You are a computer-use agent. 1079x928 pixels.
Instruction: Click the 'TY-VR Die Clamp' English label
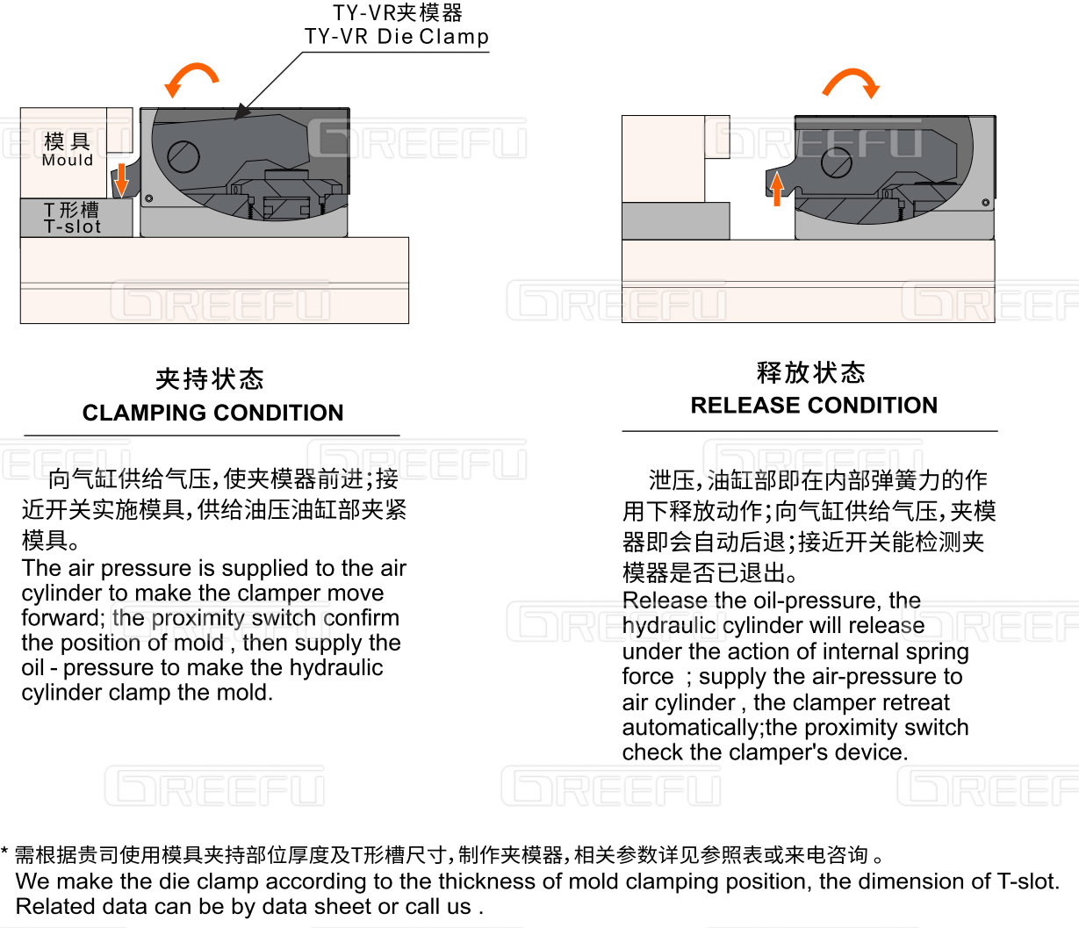click(397, 37)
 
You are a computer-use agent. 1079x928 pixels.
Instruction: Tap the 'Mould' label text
click(68, 160)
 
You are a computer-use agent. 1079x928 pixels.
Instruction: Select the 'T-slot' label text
click(72, 227)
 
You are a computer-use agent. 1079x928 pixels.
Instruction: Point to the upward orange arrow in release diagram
click(777, 189)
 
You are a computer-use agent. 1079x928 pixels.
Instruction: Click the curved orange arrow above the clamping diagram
click(192, 73)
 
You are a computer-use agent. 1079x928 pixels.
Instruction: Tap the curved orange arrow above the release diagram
click(852, 77)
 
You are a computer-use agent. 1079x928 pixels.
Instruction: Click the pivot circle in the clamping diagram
click(183, 156)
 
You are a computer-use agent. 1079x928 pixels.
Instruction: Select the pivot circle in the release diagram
click(837, 162)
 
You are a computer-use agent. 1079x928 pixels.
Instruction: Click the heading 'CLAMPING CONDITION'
click(213, 413)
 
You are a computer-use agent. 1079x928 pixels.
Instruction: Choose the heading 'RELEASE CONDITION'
click(814, 405)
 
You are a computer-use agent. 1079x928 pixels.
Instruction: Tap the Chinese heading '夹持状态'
click(210, 378)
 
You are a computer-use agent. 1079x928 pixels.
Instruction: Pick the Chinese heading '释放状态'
click(810, 372)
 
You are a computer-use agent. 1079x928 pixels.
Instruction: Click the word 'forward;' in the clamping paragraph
click(63, 617)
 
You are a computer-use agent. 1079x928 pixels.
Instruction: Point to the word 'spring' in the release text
click(937, 652)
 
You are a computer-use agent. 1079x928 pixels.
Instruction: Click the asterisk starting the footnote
click(4, 852)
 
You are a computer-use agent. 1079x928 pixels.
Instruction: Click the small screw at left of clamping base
click(148, 198)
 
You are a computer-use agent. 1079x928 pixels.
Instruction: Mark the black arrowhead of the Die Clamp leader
click(241, 112)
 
